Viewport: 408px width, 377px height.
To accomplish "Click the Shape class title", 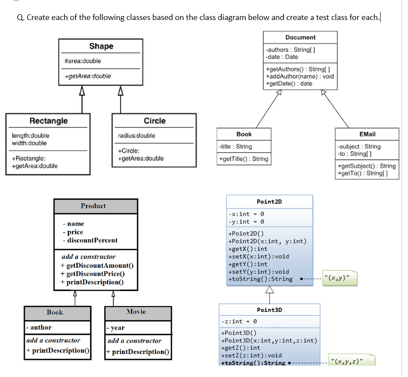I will coord(101,46).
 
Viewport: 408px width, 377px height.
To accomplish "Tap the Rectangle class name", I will coord(48,120).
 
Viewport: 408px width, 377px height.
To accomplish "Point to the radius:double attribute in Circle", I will coord(136,136).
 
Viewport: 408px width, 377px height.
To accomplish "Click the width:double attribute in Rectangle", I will coord(29,143).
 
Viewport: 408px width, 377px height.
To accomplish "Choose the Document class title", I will coord(300,37).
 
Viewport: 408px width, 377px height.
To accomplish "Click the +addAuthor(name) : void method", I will coord(299,77).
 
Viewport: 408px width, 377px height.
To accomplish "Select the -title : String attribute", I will coord(236,147).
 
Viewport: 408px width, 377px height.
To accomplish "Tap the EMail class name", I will coord(367,134).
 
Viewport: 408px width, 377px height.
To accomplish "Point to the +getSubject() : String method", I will coord(366,166).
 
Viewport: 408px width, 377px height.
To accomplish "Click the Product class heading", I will coord(93,206).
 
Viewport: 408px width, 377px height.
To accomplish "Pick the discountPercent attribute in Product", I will coord(92,240).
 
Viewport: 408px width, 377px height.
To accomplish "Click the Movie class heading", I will coord(136,312).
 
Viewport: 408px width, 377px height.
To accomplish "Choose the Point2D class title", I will coord(269,201).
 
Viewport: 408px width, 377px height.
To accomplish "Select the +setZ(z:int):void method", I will coord(251,355).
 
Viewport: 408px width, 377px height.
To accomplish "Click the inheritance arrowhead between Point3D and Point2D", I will coord(269,290).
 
